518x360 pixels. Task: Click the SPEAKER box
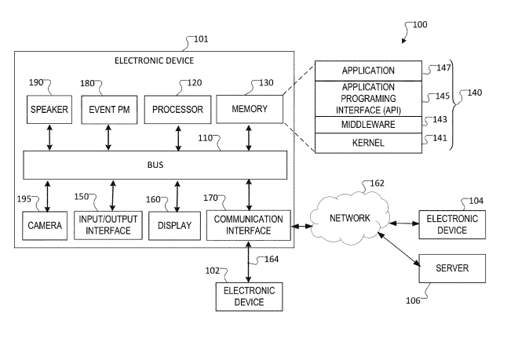click(49, 110)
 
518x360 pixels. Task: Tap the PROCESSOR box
click(178, 110)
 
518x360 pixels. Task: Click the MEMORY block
click(249, 108)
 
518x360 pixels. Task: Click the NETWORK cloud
click(349, 217)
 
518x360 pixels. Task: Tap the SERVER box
click(452, 268)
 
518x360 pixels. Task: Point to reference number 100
click(420, 24)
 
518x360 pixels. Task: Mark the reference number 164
click(270, 258)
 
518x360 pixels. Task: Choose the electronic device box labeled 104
click(452, 224)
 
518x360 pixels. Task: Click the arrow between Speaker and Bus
click(49, 137)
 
